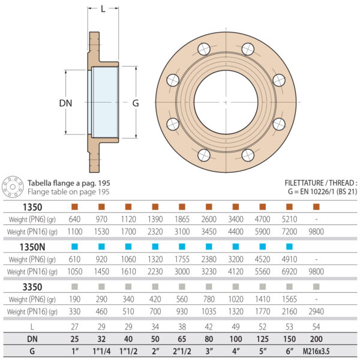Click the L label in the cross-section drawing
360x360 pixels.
point(103,9)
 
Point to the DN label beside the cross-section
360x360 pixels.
point(65,103)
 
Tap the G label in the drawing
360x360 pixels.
point(136,103)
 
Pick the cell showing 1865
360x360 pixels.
point(183,220)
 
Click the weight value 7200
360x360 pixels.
point(289,232)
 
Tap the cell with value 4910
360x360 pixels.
point(289,259)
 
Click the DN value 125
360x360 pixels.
point(263,338)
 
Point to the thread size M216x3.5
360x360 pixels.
point(316,350)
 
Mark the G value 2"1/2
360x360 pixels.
point(183,350)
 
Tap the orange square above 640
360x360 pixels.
point(75,207)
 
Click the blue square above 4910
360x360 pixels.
point(289,247)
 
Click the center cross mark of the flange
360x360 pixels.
point(226,102)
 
